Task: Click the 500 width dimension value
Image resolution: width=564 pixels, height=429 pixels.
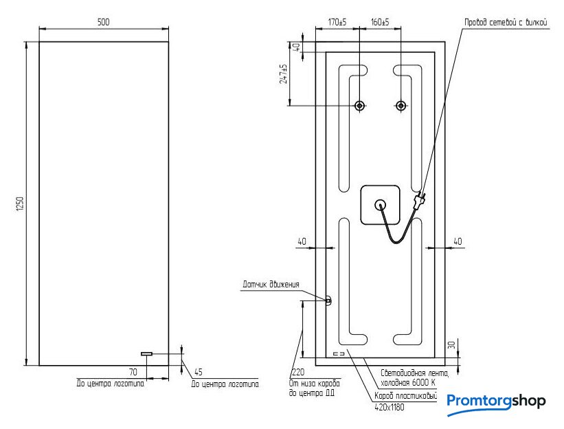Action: [103, 22]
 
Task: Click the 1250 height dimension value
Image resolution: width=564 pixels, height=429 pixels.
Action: [20, 204]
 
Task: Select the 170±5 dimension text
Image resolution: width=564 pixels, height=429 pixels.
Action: [337, 22]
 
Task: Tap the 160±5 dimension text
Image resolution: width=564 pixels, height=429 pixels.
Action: [380, 22]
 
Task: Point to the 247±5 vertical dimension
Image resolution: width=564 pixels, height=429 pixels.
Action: [284, 74]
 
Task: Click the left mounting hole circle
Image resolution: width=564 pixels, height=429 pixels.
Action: [359, 106]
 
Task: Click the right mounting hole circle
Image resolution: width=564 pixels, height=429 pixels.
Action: [401, 106]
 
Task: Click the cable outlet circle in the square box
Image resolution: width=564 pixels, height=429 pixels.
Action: [380, 205]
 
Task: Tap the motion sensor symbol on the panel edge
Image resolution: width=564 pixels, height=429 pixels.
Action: [328, 300]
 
